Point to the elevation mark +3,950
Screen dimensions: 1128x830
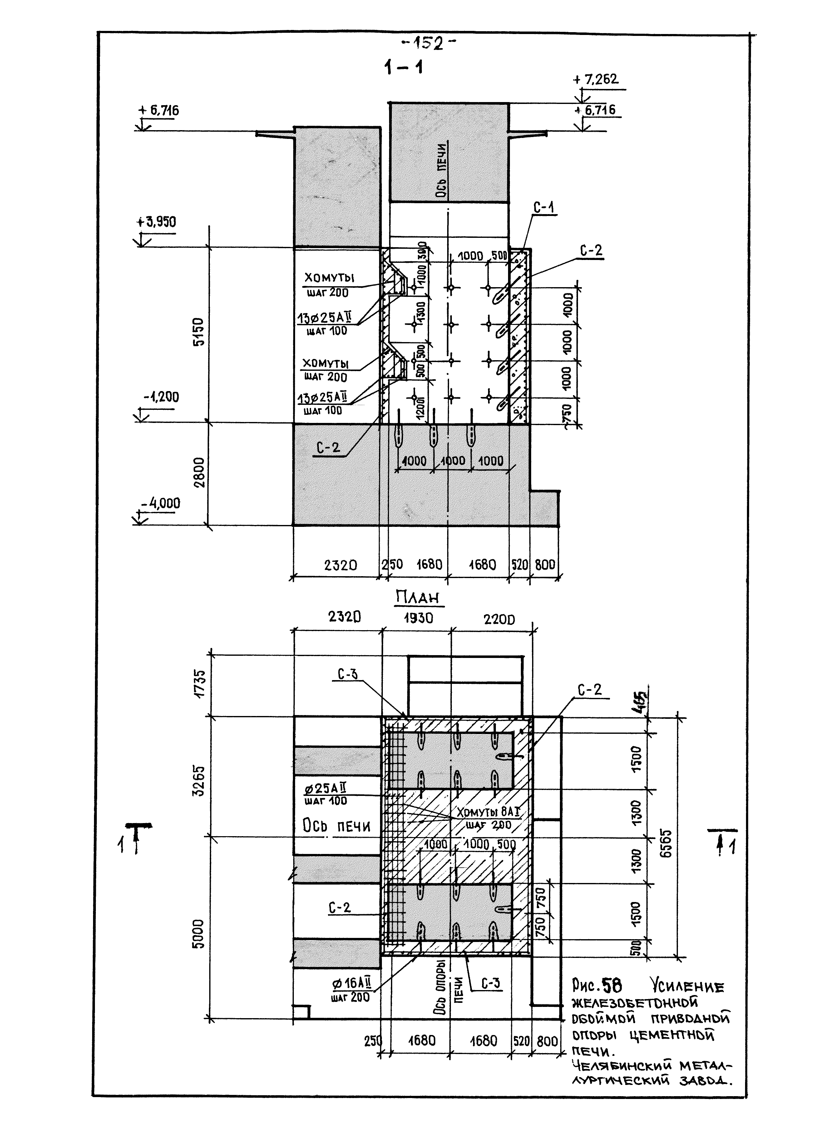pos(156,222)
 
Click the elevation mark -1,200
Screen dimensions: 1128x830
pos(161,397)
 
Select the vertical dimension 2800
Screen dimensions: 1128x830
pos(200,472)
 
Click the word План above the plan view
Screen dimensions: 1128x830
pos(417,598)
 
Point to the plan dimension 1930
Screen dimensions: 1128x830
pos(418,618)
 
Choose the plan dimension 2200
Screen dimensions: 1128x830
pos(499,619)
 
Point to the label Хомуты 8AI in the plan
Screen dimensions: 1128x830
pos(487,812)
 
